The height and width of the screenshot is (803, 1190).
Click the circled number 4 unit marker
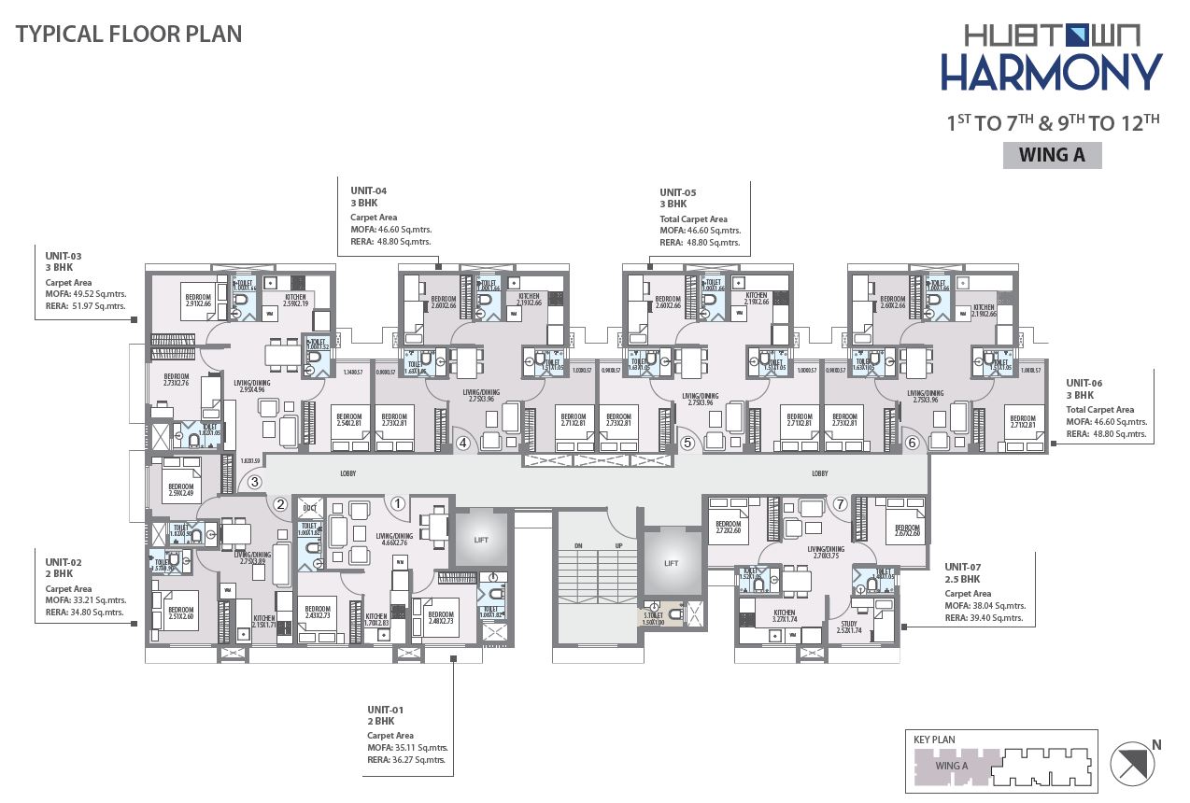[462, 444]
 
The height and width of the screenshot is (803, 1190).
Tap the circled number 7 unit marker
[840, 504]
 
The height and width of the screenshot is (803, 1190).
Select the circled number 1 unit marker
[398, 504]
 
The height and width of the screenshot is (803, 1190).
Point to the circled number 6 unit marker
[912, 444]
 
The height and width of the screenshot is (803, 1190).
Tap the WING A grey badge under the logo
[1052, 155]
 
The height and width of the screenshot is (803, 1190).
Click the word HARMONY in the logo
[1051, 73]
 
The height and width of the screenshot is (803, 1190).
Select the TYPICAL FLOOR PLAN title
[129, 35]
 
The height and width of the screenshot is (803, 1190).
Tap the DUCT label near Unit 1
[310, 509]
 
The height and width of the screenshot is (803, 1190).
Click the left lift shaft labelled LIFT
[481, 538]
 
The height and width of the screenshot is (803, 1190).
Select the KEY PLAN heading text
[934, 740]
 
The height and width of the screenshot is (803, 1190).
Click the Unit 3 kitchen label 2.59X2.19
[276, 301]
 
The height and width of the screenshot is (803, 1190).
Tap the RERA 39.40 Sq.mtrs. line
[984, 618]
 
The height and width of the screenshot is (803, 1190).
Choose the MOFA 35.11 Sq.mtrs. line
[407, 748]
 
